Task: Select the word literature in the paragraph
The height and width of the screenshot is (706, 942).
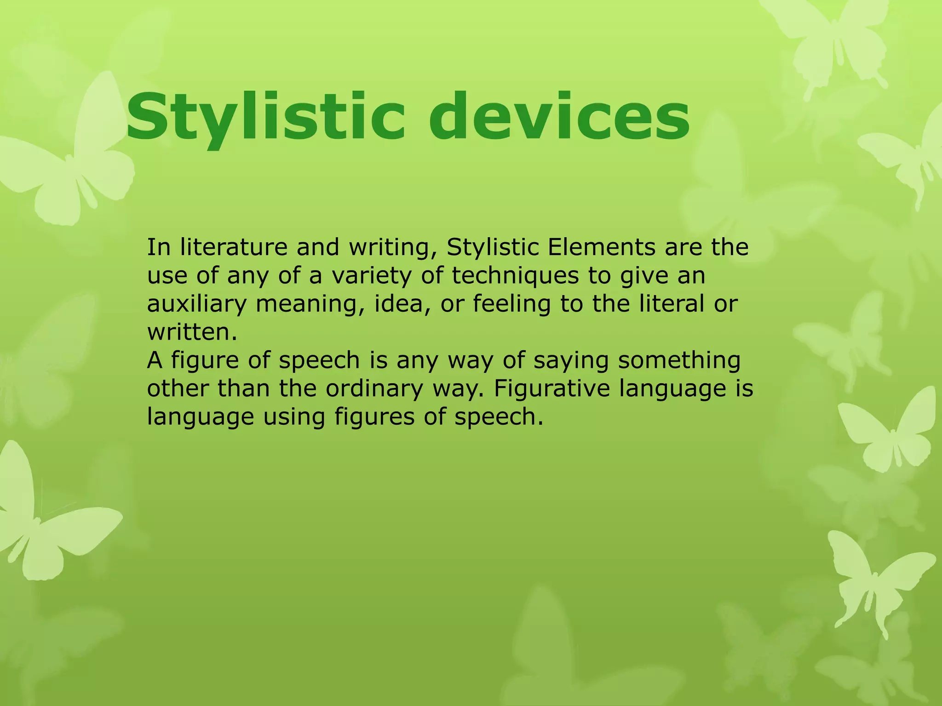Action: click(234, 247)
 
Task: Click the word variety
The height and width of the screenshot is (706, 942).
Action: click(387, 276)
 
